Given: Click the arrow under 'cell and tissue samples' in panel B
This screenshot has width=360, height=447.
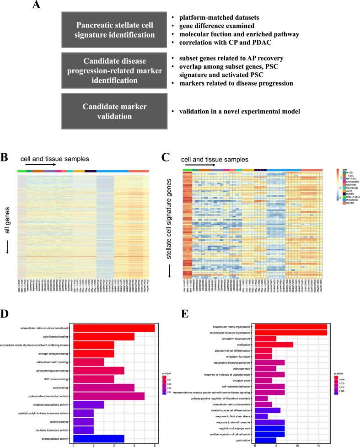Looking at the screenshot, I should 40,164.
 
